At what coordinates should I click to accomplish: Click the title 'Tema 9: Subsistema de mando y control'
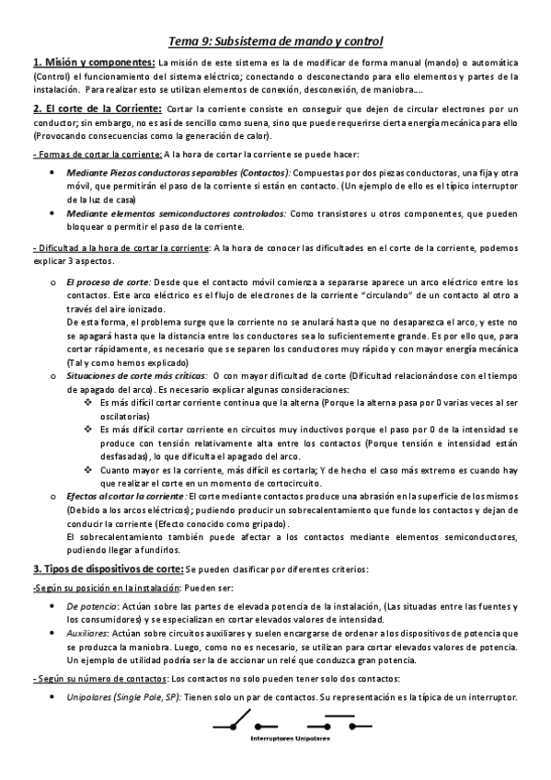pos(276,41)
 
